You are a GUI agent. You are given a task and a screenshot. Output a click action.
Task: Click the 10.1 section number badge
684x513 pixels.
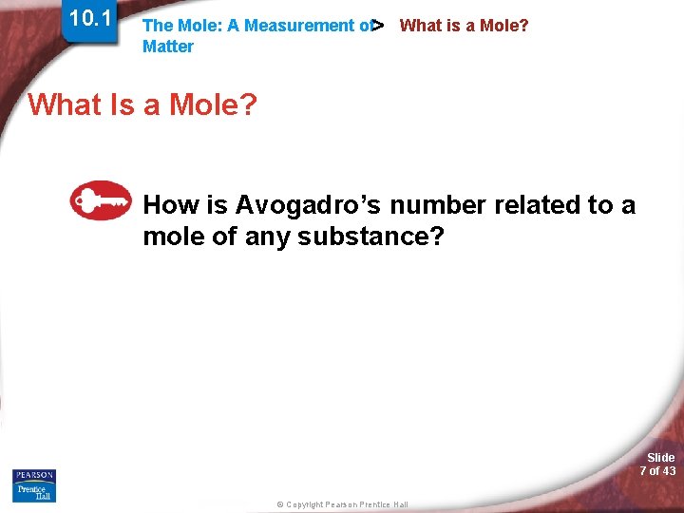[x=90, y=19]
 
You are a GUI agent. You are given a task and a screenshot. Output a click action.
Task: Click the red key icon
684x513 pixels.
[x=101, y=200]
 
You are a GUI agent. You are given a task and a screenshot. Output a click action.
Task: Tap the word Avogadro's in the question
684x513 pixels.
[x=308, y=204]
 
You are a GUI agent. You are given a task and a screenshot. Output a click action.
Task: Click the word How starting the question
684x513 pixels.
[x=170, y=204]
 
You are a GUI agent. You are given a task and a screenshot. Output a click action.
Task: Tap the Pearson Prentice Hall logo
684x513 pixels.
[x=34, y=484]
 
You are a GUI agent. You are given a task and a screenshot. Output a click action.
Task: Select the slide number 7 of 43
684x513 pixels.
[x=657, y=471]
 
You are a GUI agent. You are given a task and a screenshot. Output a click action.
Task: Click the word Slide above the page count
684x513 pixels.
[x=660, y=458]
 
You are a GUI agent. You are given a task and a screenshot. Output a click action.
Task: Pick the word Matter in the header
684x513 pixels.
[x=167, y=47]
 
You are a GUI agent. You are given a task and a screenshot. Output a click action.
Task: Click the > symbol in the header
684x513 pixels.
[x=378, y=25]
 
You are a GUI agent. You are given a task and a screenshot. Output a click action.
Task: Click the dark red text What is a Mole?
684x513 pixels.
[x=464, y=26]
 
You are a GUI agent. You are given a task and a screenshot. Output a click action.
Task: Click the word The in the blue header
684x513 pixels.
[x=157, y=26]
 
